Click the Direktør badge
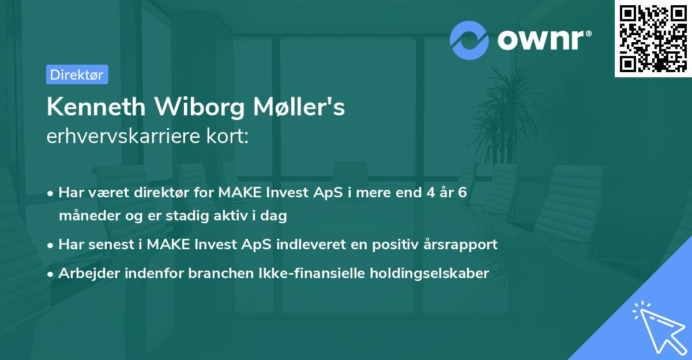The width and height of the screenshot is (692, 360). click(77, 74)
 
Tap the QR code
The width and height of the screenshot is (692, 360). click(653, 39)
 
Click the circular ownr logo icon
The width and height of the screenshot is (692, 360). click(469, 40)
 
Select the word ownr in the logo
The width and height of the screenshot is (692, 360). click(544, 40)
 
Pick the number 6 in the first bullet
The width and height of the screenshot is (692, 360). click(462, 193)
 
